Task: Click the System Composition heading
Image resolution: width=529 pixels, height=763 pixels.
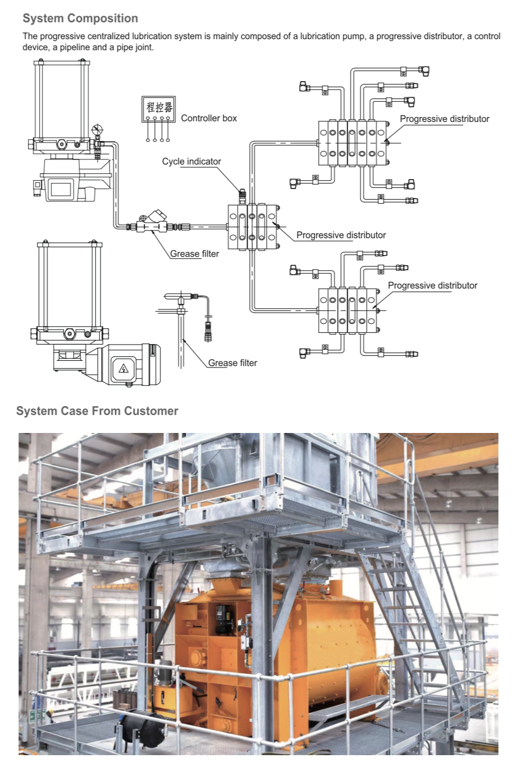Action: [x=80, y=18]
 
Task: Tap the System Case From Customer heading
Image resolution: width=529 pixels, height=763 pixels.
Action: [x=97, y=411]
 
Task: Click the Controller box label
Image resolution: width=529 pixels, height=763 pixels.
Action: [x=209, y=119]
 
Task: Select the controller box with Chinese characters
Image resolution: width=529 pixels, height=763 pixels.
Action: [x=158, y=109]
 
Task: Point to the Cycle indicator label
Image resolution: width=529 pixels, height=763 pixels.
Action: [x=191, y=162]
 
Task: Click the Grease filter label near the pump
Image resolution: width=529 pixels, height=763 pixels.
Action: [x=195, y=254]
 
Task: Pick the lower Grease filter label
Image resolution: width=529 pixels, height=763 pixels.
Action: [x=233, y=363]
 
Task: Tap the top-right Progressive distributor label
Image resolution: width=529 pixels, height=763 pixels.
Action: [x=444, y=119]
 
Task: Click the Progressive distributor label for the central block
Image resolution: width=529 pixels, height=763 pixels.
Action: [x=341, y=236]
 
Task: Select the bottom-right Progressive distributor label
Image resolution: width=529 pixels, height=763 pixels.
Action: [x=432, y=286]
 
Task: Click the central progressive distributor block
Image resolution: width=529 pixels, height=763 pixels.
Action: [x=252, y=227]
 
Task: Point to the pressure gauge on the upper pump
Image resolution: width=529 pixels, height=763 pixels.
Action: [x=97, y=130]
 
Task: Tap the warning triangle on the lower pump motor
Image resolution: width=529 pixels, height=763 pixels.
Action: [x=124, y=368]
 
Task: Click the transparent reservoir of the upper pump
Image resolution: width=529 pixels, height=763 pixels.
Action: [x=62, y=101]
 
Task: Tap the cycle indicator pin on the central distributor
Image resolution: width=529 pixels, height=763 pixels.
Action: [x=242, y=196]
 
